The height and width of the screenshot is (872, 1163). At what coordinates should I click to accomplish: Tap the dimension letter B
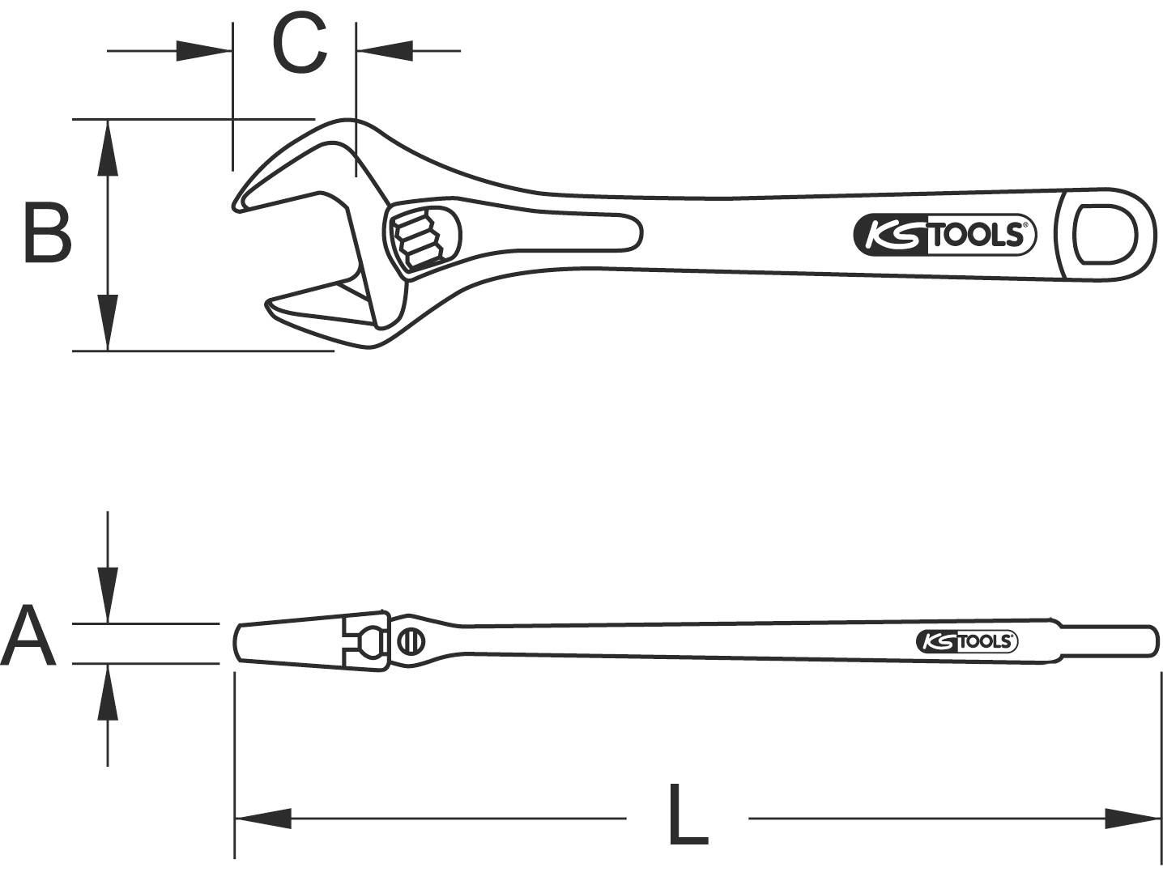point(47,234)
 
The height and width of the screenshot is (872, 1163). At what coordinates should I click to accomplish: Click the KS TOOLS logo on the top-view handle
point(944,236)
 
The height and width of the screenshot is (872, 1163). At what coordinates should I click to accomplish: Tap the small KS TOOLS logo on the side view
point(967,641)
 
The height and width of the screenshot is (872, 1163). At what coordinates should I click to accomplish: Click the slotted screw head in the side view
point(411,641)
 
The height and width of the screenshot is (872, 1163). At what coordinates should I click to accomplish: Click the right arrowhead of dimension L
point(1132,818)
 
